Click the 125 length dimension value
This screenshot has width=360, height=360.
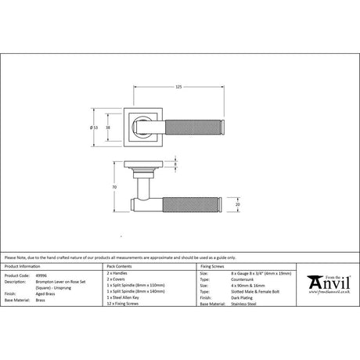(x=179, y=85)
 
